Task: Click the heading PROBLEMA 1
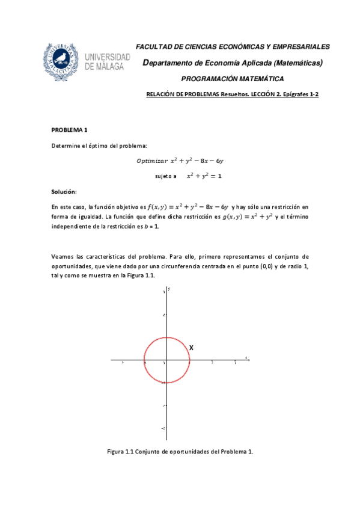[70, 130]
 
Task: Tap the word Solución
[64, 191]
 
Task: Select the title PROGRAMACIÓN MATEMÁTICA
[233, 79]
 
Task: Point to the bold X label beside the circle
[191, 348]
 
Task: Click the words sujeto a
[166, 176]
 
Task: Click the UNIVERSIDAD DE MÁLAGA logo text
[108, 62]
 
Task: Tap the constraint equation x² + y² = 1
[204, 176]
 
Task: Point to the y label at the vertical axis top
[169, 289]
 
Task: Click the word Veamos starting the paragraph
[64, 257]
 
